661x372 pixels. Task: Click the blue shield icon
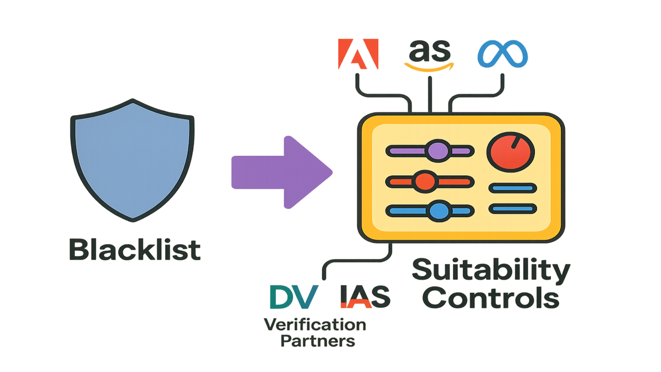tap(132, 160)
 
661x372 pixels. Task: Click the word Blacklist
tap(134, 251)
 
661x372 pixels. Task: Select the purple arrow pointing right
tap(281, 171)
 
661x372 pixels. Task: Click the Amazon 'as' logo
tap(429, 56)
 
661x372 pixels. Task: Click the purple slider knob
tap(438, 150)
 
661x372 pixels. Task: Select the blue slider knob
tap(439, 210)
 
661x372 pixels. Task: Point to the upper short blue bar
tap(512, 188)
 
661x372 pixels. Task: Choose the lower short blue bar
tap(512, 208)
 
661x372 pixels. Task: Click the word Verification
tap(315, 325)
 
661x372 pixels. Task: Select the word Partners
tap(317, 341)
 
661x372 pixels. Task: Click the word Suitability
tap(491, 271)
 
